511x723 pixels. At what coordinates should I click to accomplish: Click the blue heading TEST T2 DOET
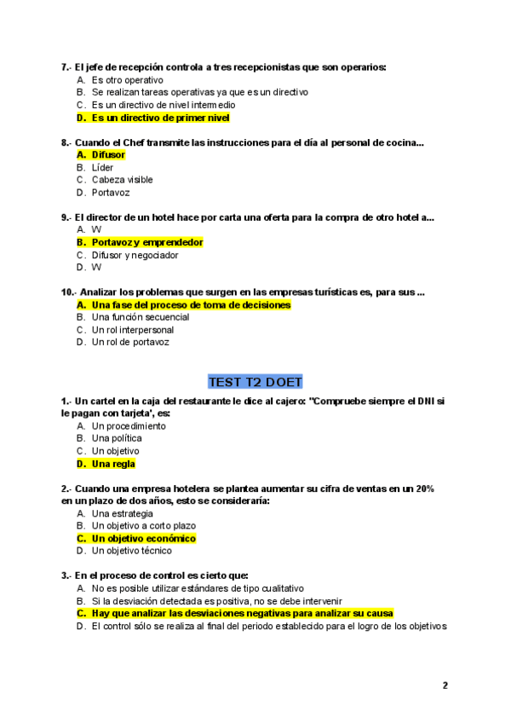click(255, 381)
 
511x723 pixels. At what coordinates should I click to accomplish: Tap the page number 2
click(445, 685)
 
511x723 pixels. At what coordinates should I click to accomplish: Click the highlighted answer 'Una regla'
click(113, 464)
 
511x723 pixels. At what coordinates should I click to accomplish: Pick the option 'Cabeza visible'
click(122, 180)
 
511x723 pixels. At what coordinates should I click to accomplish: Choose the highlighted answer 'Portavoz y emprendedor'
click(147, 242)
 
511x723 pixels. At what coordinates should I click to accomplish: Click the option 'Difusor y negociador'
click(135, 255)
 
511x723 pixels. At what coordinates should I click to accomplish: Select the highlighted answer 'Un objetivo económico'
click(143, 539)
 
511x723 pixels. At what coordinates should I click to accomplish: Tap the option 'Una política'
click(117, 438)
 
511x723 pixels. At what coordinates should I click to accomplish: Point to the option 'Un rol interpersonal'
click(132, 330)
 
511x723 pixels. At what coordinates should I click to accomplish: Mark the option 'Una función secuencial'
click(140, 317)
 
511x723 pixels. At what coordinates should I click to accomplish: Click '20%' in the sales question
click(424, 489)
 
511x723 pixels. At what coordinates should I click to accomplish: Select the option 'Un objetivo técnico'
click(131, 551)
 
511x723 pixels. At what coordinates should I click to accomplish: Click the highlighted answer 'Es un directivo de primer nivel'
click(160, 118)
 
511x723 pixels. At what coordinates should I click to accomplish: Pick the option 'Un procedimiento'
click(129, 425)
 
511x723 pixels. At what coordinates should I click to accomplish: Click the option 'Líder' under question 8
click(102, 168)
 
